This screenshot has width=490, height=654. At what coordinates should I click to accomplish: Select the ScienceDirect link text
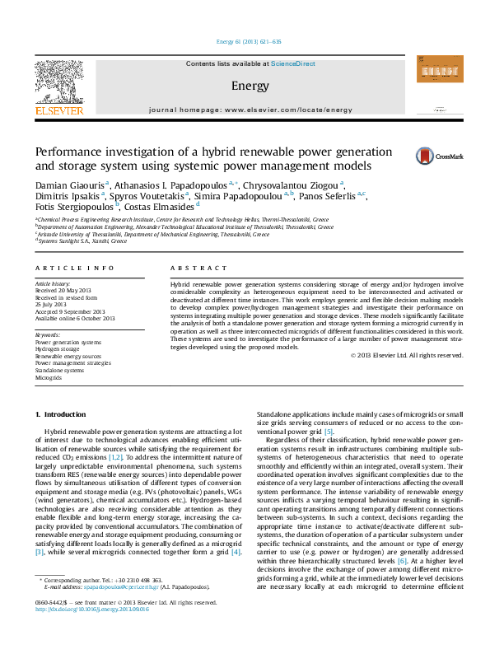(x=293, y=63)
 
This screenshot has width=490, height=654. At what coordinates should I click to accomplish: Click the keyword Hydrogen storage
(x=58, y=349)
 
